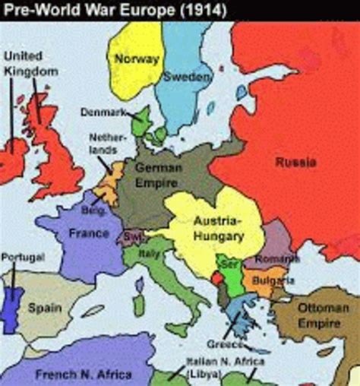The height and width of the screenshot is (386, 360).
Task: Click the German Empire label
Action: [157, 176]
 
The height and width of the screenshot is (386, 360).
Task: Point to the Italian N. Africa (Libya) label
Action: [214, 368]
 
